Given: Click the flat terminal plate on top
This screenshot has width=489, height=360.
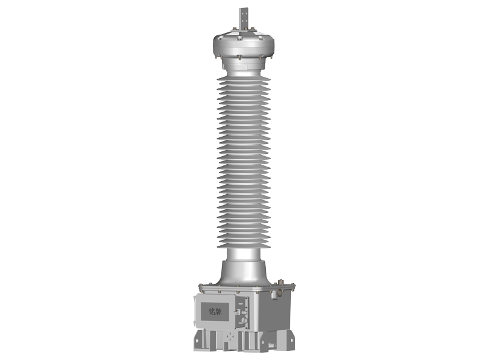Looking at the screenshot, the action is pos(243,18).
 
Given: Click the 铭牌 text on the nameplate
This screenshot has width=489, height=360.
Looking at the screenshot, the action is pos(215,311).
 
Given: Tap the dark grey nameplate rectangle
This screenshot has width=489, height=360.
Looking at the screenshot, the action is pos(215,311).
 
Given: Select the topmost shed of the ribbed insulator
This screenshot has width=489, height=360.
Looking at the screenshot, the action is pos(244,79).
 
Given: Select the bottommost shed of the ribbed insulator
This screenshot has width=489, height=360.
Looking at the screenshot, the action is pos(244,245).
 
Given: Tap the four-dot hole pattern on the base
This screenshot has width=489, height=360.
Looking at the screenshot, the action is pos(230,336).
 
